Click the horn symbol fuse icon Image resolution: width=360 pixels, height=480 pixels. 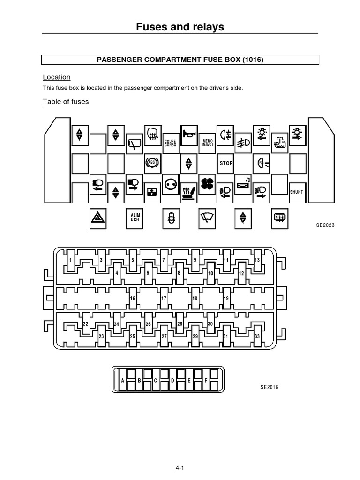click(x=189, y=135)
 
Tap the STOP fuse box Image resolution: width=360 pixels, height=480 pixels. click(x=225, y=163)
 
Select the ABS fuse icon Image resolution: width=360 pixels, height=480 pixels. click(x=153, y=163)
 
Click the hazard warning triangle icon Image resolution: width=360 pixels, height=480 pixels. click(x=98, y=218)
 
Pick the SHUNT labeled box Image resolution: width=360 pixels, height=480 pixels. click(x=297, y=192)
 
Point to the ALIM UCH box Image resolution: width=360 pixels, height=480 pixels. click(x=135, y=218)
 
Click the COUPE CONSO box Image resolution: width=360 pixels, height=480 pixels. click(x=171, y=143)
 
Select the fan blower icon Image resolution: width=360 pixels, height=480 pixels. click(x=207, y=184)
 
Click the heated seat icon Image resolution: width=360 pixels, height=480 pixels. click(x=189, y=193)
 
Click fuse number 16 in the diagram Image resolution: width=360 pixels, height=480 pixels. click(x=133, y=299)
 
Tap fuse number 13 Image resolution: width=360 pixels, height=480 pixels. click(x=257, y=260)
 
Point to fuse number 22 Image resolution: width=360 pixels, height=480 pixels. click(x=86, y=323)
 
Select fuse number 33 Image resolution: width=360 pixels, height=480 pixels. click(x=257, y=336)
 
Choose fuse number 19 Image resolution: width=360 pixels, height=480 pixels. click(x=226, y=299)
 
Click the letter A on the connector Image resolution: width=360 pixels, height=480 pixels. click(x=123, y=381)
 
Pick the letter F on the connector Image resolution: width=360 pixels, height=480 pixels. click(x=206, y=381)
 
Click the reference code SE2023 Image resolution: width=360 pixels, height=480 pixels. click(x=325, y=225)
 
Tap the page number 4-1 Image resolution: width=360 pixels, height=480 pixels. click(x=180, y=468)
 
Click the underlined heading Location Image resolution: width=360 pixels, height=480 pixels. click(x=57, y=77)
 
